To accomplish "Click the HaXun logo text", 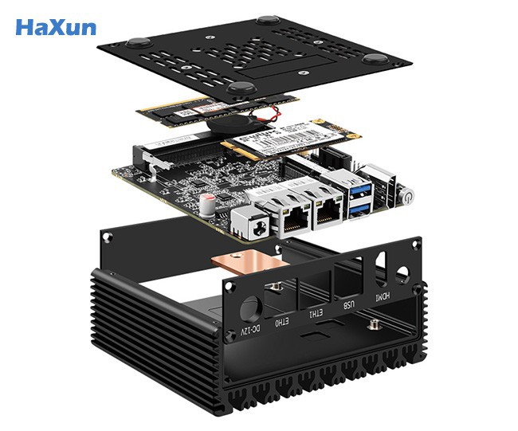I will pos(56,27).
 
